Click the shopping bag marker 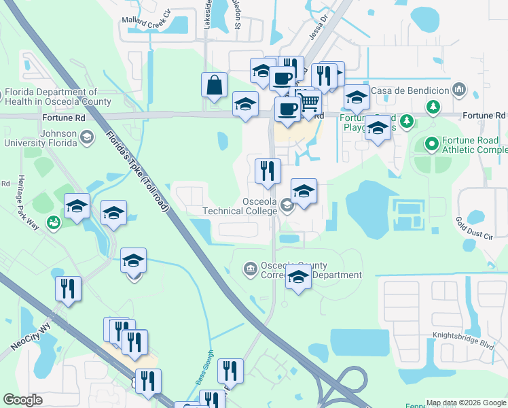point(214,86)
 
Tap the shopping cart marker point(310,103)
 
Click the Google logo point(22,400)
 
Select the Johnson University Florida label point(41,138)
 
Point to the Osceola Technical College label point(259,206)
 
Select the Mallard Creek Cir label point(145,20)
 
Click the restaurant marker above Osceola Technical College point(268,171)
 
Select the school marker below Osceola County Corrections point(298,277)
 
